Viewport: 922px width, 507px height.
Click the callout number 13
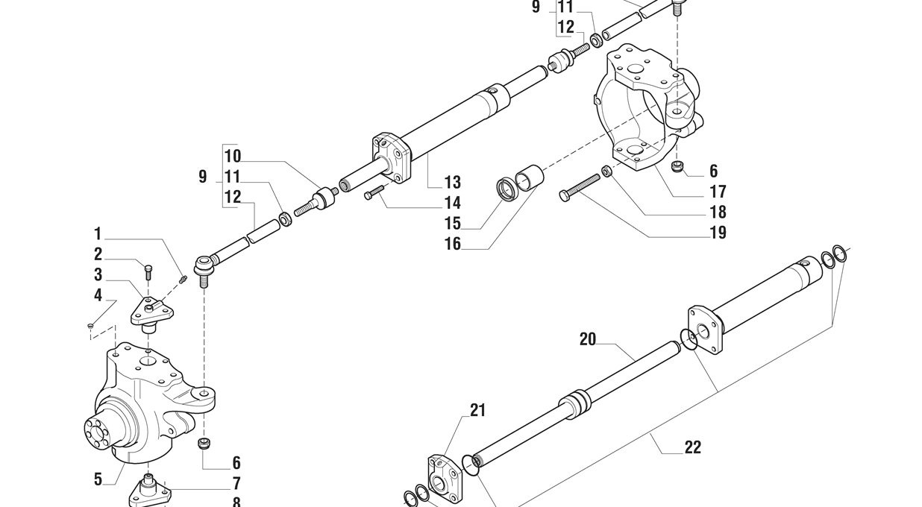pyautogui.click(x=452, y=183)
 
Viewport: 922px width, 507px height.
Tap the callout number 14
pyautogui.click(x=452, y=203)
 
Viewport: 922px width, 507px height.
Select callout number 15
pyautogui.click(x=452, y=224)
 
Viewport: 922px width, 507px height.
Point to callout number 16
pyautogui.click(x=452, y=244)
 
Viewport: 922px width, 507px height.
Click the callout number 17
pyautogui.click(x=718, y=192)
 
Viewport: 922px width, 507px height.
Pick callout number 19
pyautogui.click(x=718, y=233)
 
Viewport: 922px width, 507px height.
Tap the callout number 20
pyautogui.click(x=588, y=339)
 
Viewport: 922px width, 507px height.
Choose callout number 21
pyautogui.click(x=478, y=410)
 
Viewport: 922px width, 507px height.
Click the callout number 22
pyautogui.click(x=693, y=447)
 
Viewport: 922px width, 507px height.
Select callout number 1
pyautogui.click(x=98, y=234)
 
